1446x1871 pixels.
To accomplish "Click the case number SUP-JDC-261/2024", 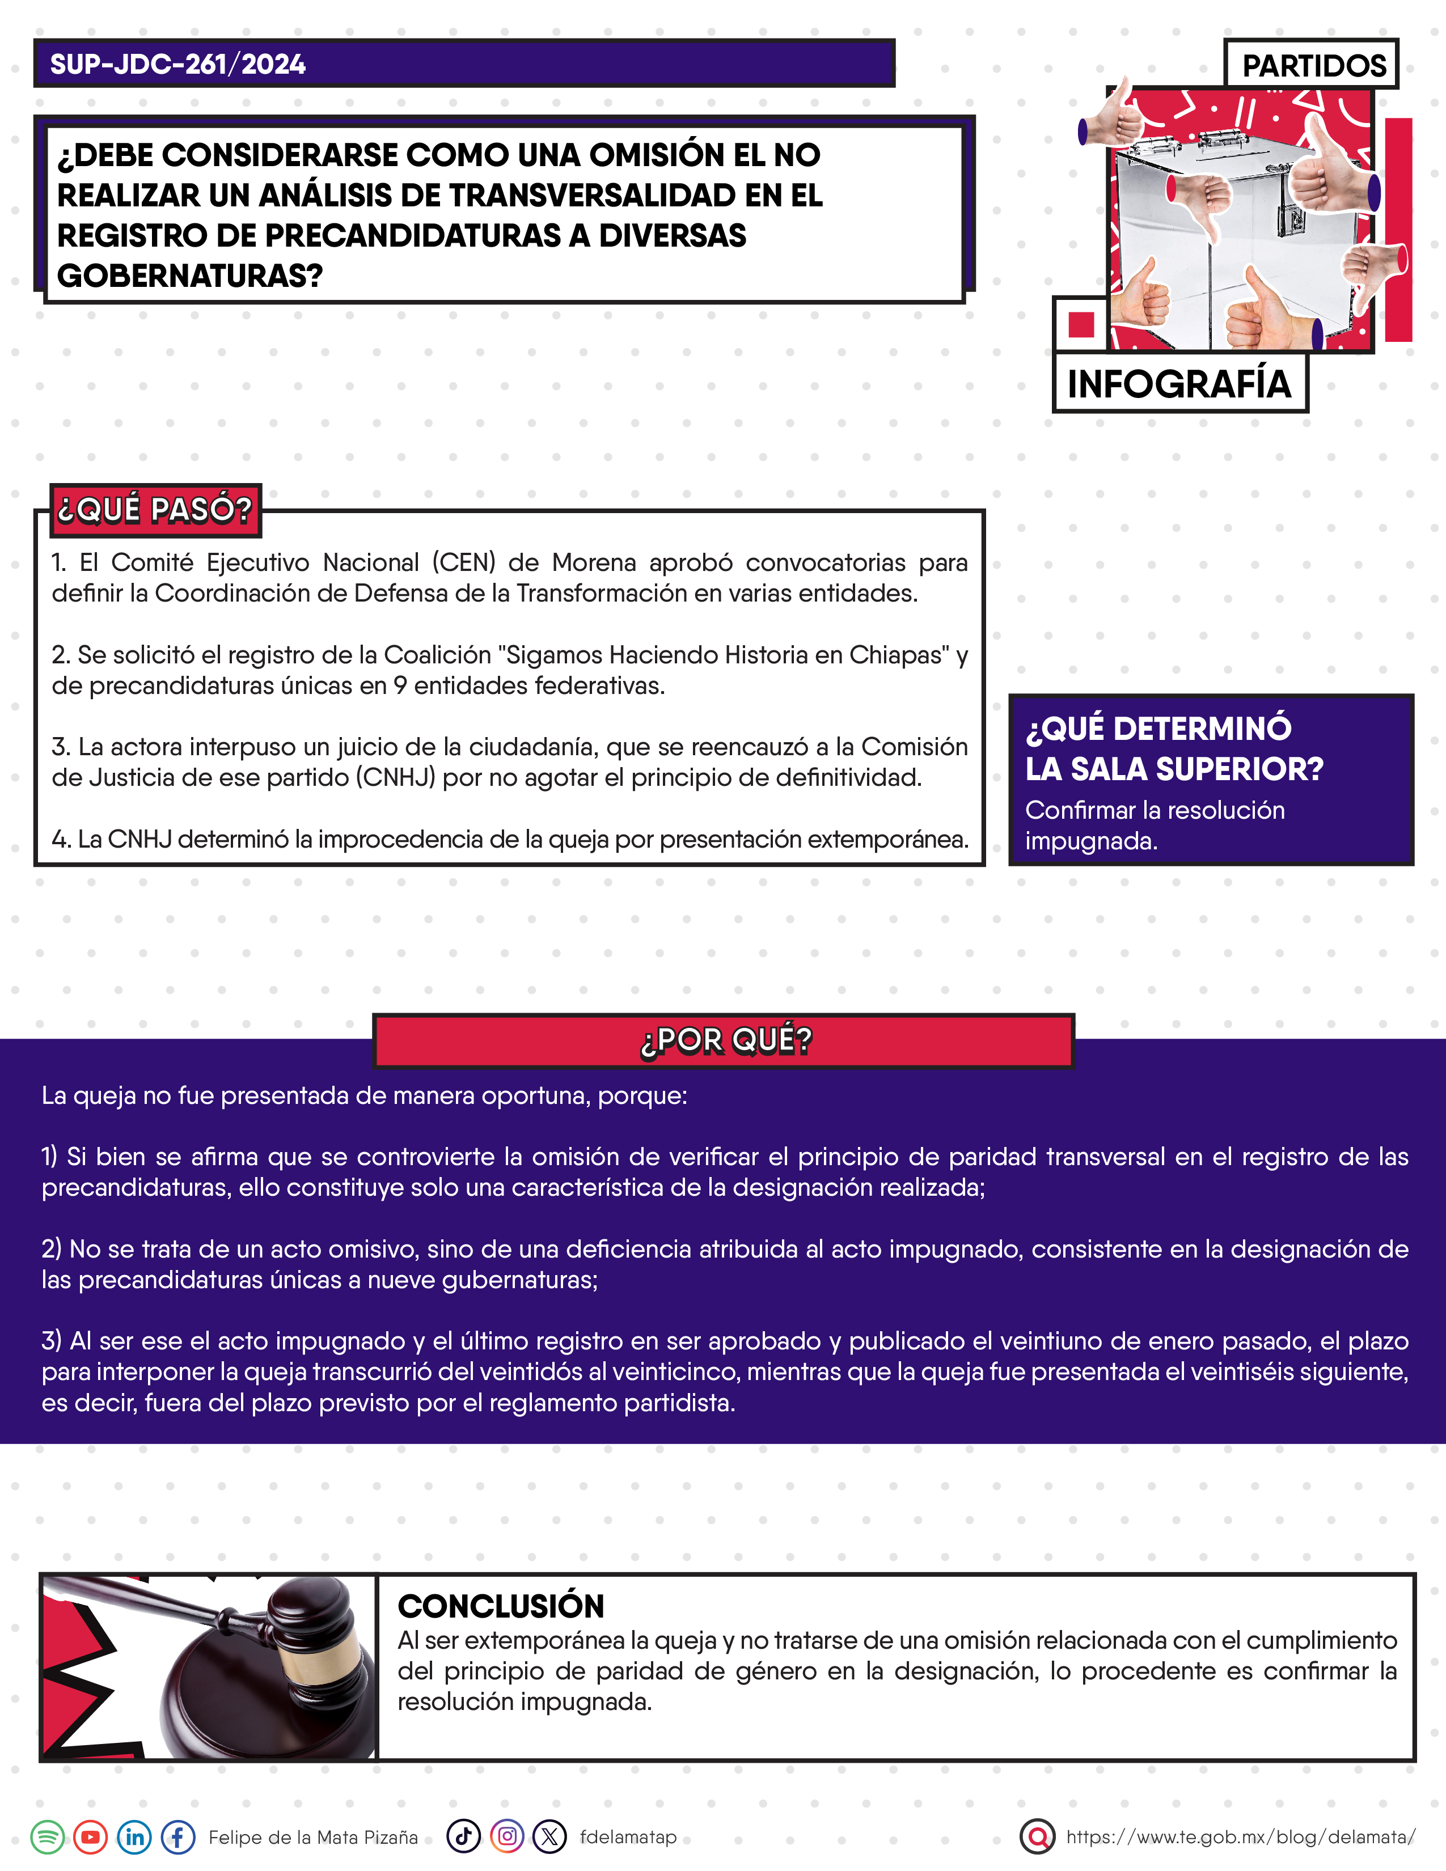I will (x=177, y=64).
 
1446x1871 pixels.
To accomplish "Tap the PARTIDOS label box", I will (x=1313, y=65).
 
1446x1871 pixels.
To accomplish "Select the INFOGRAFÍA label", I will (x=1179, y=384).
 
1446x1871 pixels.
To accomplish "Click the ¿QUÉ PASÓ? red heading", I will (x=155, y=510).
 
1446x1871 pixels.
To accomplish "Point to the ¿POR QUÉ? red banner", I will (x=724, y=1040).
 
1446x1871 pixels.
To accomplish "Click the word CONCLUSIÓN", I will (x=501, y=1606).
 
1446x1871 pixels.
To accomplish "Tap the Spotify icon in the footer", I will (x=48, y=1838).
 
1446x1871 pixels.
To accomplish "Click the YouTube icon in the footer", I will (x=91, y=1838).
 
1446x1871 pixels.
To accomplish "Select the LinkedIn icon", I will (x=134, y=1838).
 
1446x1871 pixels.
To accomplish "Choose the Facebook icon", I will (x=178, y=1838).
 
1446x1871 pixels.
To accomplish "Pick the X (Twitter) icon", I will (x=550, y=1837).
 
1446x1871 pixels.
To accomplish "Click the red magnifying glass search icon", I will (x=1037, y=1837).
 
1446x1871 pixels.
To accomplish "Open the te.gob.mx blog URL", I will (x=1240, y=1837).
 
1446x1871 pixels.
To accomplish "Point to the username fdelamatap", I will (x=628, y=1837).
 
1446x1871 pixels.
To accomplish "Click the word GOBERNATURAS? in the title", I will (x=189, y=276).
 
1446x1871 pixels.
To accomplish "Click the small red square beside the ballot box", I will (x=1081, y=325).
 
